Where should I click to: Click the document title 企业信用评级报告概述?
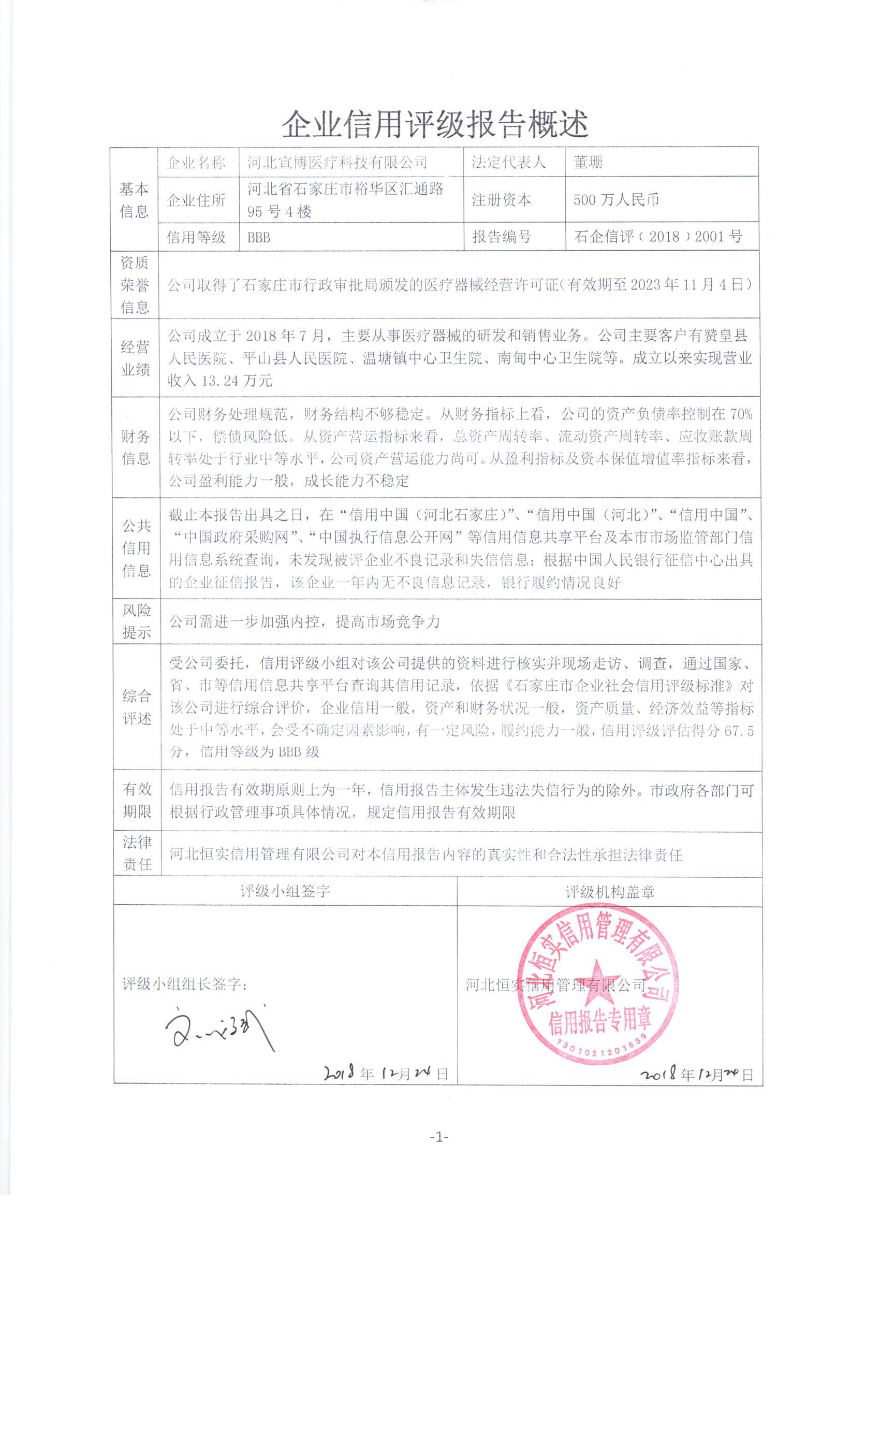click(x=435, y=124)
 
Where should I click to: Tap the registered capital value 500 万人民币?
click(x=616, y=199)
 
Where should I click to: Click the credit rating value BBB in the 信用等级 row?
click(x=259, y=238)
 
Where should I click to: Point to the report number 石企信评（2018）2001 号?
click(x=657, y=237)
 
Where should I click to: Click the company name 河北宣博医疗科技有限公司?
click(x=337, y=163)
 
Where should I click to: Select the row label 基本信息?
click(x=134, y=200)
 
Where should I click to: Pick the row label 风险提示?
click(x=137, y=621)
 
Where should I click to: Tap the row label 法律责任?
click(x=137, y=853)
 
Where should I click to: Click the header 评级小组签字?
click(x=285, y=891)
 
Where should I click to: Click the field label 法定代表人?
click(x=508, y=163)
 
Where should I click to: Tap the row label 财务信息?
click(x=136, y=447)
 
